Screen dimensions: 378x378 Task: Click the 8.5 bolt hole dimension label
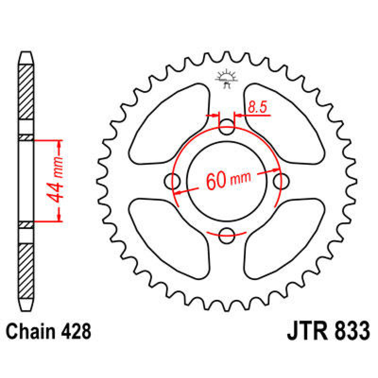pyautogui.click(x=257, y=107)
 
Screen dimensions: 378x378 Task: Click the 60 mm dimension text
pyautogui.click(x=228, y=180)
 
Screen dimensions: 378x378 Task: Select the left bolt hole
pyautogui.click(x=172, y=181)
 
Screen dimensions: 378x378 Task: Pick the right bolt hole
pyautogui.click(x=281, y=181)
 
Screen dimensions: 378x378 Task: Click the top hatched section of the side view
pyautogui.click(x=26, y=91)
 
